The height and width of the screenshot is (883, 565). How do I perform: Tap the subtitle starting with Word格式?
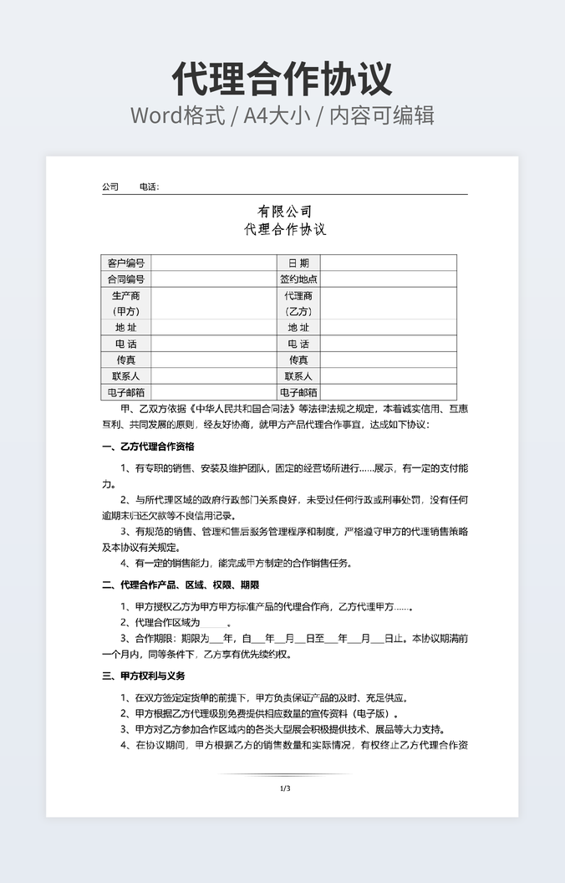coord(282,115)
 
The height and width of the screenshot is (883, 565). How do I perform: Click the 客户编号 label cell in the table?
coord(125,263)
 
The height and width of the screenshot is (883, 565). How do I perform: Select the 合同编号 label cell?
coord(125,279)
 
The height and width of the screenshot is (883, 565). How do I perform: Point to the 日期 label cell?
coord(298,263)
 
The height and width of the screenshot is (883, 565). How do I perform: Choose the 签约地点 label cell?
coord(298,279)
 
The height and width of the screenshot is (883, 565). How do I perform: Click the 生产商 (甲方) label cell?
coord(125,303)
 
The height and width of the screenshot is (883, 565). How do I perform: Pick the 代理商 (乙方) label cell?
coord(298,303)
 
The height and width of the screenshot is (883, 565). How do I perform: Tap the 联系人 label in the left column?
coord(125,375)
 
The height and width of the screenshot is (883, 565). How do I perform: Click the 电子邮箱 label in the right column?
coord(298,392)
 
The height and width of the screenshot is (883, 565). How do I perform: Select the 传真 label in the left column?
coord(125,360)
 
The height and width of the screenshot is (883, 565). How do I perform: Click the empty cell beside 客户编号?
coord(213,263)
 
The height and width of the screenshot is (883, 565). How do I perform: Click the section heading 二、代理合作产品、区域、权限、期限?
coord(181,584)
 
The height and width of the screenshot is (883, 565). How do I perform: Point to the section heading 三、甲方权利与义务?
coord(143,676)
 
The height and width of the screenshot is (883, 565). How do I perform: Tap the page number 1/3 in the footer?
coord(285,788)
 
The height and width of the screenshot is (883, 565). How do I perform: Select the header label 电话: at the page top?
coord(149,187)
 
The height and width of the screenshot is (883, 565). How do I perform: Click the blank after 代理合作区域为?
coord(214,623)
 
